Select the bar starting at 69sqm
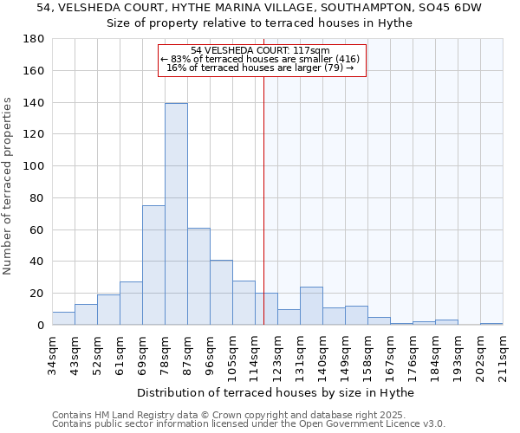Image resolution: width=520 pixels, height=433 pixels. click(x=153, y=265)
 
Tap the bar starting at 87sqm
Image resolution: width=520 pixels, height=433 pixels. click(x=198, y=276)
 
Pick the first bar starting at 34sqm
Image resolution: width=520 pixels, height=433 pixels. click(x=63, y=319)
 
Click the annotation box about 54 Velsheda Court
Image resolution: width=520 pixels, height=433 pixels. click(x=262, y=60)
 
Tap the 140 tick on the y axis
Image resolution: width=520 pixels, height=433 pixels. click(x=35, y=103)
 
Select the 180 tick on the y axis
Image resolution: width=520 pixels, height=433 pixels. click(x=35, y=39)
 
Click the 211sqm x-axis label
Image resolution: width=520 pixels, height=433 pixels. click(x=503, y=355)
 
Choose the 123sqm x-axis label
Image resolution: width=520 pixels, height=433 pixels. click(x=277, y=355)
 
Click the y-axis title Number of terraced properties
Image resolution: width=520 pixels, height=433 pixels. click(x=8, y=186)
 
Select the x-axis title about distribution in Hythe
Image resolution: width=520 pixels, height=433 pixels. click(x=276, y=393)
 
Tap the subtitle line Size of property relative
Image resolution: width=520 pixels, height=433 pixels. click(x=259, y=23)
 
